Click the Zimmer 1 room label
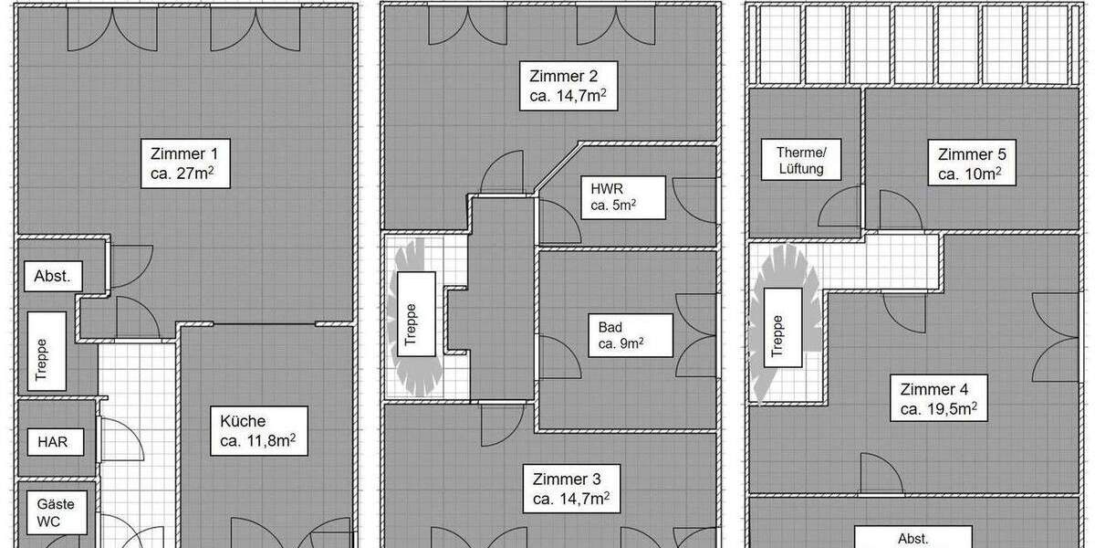click(184, 162)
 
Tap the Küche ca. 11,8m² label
click(257, 432)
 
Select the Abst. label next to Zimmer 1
click(52, 276)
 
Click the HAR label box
click(52, 443)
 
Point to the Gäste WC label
click(56, 512)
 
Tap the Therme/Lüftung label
click(800, 161)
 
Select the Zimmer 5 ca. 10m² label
click(970, 163)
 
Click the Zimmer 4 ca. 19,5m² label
click(940, 399)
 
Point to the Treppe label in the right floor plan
click(777, 334)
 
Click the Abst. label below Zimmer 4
click(913, 537)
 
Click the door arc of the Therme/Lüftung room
click(839, 208)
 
